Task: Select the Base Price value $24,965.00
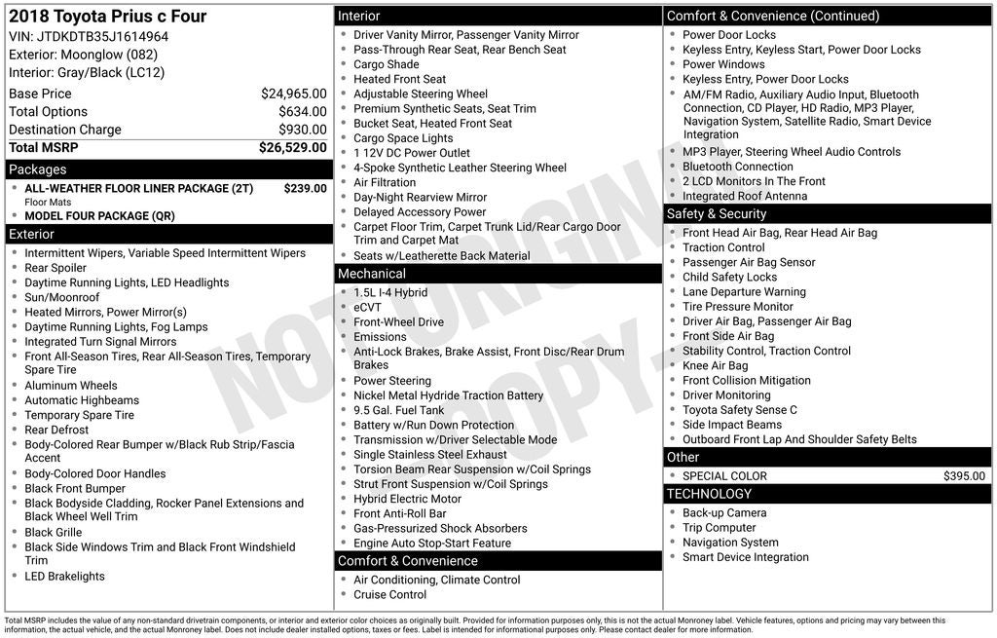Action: [x=293, y=94]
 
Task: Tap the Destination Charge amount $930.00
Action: [x=303, y=130]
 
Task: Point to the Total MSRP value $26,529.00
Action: [x=292, y=148]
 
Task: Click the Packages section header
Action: [x=38, y=169]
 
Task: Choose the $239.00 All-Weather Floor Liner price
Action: [x=305, y=188]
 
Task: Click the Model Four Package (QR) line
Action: [x=100, y=216]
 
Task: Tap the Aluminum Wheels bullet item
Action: [x=71, y=386]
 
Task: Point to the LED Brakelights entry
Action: [x=65, y=577]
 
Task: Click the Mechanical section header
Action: [x=372, y=274]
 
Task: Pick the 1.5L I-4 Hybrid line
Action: [x=390, y=292]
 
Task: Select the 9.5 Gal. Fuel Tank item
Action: [x=398, y=410]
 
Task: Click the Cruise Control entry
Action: [x=389, y=594]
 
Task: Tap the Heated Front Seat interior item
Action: [x=399, y=79]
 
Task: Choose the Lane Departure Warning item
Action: [x=744, y=292]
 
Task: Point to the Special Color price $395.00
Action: [x=964, y=476]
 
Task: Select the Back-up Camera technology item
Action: [x=724, y=513]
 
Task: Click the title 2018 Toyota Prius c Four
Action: [x=107, y=17]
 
